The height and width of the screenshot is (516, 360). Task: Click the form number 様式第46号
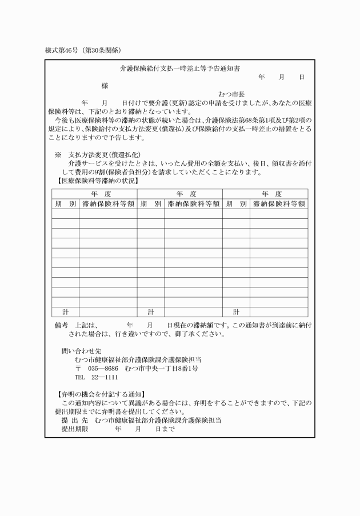coord(64,50)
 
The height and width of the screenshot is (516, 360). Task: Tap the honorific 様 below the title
coord(105,86)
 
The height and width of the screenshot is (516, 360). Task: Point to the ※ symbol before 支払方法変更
coord(58,155)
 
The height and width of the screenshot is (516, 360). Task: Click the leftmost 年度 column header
coord(94,194)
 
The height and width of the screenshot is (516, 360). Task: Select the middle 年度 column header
coord(179,194)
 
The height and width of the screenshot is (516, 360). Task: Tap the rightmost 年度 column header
coord(265,194)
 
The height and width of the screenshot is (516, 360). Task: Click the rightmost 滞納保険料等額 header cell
coord(278,203)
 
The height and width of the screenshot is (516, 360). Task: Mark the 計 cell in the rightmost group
coord(236,312)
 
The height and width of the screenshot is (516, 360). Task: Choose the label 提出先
coord(74,420)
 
